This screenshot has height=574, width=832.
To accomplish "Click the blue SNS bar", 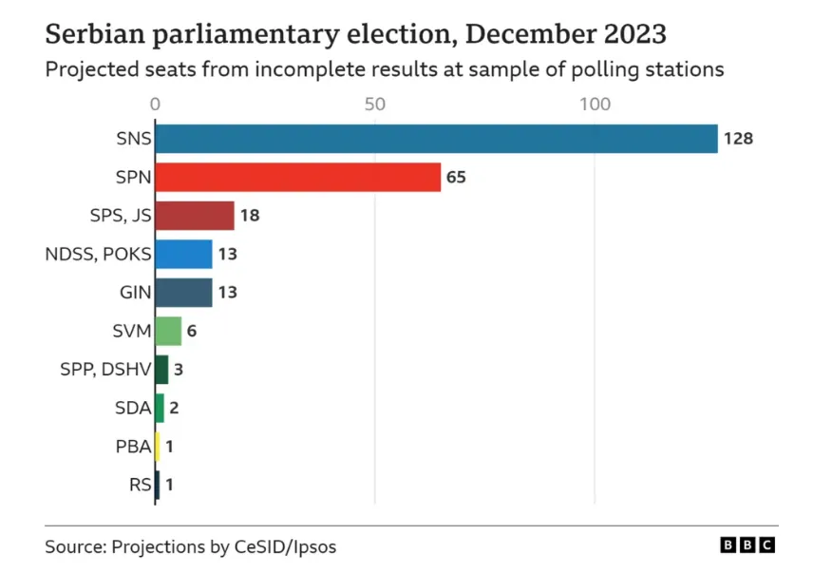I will coord(435,139).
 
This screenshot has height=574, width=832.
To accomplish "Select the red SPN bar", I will coord(297,178).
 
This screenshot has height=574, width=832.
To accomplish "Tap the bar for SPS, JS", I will coord(194,216).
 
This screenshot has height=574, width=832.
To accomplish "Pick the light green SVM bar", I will coord(167,331).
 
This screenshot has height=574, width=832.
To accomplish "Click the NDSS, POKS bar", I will coord(182,254).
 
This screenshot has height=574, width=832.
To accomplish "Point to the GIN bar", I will coord(182,293).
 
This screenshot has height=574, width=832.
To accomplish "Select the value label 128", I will coord(738,139).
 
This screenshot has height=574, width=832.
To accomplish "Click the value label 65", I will coord(457,178).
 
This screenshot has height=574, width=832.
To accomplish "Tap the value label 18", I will coord(250,216).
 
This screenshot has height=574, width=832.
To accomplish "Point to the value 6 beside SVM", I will coord(192,331).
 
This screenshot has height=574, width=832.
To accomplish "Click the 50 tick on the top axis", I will coord(375,104).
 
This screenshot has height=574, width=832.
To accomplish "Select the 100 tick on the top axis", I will coord(596,104).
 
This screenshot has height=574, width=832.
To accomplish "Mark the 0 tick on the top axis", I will coord(155,104).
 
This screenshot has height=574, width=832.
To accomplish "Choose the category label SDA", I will coord(131,408).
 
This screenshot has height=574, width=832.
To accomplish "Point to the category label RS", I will coord(139,485).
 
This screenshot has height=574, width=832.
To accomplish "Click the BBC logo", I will coord(747,545).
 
